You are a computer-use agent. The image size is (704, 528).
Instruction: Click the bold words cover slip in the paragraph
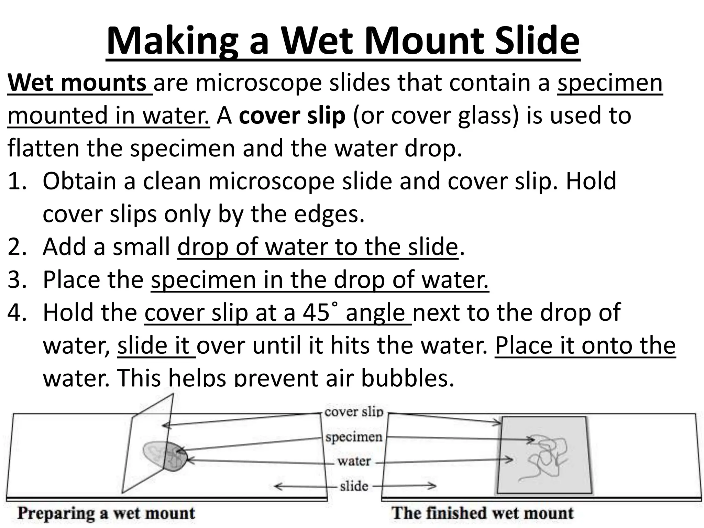click(x=292, y=116)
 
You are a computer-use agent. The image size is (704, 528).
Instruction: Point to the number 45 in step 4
click(x=316, y=312)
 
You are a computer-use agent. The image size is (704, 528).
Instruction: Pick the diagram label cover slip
click(x=354, y=411)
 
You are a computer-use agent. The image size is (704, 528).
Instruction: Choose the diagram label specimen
click(x=354, y=437)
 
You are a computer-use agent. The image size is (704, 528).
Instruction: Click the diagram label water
click(x=354, y=461)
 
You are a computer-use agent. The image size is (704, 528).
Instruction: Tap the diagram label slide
click(x=354, y=486)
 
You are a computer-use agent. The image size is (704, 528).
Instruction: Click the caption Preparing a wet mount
click(x=106, y=513)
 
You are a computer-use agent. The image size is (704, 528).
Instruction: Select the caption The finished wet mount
click(x=483, y=513)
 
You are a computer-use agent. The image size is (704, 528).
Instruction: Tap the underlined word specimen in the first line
click(x=610, y=83)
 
